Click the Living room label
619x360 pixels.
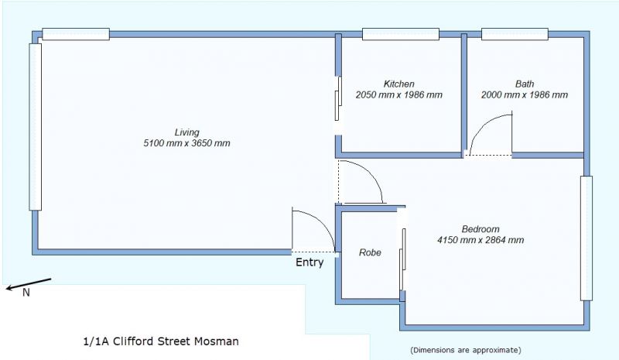click(186, 132)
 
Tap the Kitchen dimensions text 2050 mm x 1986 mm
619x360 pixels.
click(399, 95)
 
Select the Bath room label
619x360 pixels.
click(525, 84)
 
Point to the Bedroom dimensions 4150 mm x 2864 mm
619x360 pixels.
click(480, 240)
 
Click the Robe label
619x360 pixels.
click(370, 252)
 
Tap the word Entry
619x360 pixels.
click(309, 262)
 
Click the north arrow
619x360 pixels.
click(29, 284)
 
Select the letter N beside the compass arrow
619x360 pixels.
click(26, 293)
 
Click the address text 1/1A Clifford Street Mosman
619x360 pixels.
click(161, 341)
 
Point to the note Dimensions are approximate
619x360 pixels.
click(466, 350)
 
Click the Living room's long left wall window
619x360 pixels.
click(35, 126)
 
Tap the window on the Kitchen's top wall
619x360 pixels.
click(401, 34)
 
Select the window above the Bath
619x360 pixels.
click(515, 34)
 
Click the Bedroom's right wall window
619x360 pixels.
click(587, 238)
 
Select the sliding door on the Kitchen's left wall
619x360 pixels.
click(338, 98)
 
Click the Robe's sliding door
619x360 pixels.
click(402, 259)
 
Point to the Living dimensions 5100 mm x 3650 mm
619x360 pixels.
click(186, 143)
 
